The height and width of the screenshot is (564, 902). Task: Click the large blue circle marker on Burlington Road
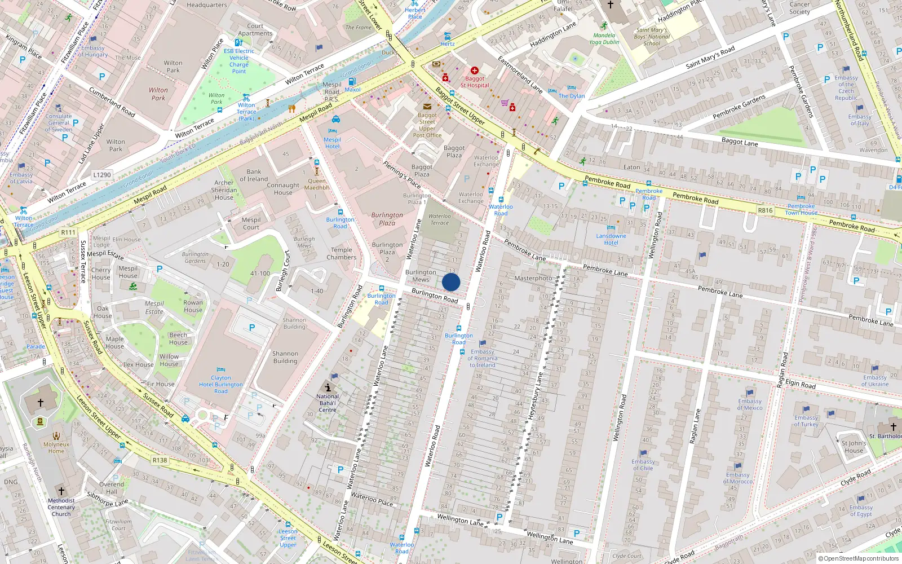[451, 283]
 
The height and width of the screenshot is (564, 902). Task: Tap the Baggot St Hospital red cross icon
[475, 70]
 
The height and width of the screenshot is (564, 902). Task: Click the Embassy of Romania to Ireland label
[483, 358]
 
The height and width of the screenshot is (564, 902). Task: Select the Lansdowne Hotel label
[611, 239]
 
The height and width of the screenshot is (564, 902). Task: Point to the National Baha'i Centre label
[328, 403]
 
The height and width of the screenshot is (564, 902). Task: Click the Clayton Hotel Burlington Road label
[221, 385]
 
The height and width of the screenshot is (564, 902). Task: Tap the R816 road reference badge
[765, 210]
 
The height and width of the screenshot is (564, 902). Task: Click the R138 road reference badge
[160, 460]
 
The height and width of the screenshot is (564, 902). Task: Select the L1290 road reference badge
[102, 175]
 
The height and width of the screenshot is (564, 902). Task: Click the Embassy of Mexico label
[750, 404]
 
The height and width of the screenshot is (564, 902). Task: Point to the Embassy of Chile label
[643, 465]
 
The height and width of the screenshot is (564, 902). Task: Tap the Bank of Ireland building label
[254, 175]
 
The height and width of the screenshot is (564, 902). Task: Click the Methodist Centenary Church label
[61, 507]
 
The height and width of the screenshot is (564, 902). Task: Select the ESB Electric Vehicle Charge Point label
[239, 61]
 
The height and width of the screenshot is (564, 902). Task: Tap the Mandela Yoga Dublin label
[604, 38]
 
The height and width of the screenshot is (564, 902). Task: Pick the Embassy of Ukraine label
[875, 381]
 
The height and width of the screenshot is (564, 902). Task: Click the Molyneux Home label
[56, 447]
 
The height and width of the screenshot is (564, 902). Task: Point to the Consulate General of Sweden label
[59, 122]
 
